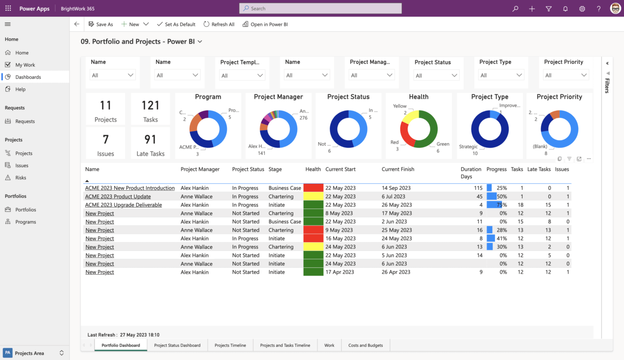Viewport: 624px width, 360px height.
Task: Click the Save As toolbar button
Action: click(100, 24)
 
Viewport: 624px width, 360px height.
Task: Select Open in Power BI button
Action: click(265, 24)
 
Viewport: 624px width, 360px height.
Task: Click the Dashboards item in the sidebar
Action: click(28, 77)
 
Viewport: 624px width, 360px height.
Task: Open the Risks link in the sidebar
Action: click(20, 178)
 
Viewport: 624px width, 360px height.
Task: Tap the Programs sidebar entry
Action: click(25, 222)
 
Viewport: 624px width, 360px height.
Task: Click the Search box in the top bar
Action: click(320, 8)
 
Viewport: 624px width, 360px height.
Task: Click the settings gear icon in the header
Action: click(582, 9)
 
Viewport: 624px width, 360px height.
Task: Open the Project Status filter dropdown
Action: click(436, 76)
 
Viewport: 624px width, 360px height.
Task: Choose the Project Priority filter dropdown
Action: click(566, 76)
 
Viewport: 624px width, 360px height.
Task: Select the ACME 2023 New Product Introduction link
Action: click(130, 188)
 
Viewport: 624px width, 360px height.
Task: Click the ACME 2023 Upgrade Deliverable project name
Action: click(123, 205)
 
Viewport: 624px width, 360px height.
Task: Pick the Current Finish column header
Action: click(398, 170)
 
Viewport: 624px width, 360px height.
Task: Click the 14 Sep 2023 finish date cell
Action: click(396, 188)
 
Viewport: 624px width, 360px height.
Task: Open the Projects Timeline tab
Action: click(230, 345)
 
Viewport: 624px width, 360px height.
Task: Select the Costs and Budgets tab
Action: click(365, 345)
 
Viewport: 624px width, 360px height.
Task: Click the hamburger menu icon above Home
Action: click(8, 24)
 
